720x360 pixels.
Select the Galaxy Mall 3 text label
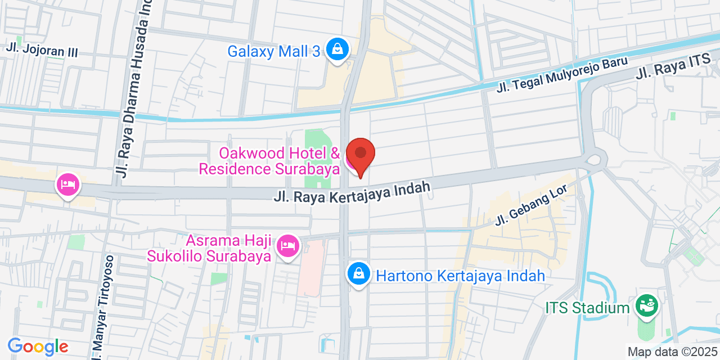(274, 51)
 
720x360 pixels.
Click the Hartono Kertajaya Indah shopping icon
(358, 274)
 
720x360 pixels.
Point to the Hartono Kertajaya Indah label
(460, 276)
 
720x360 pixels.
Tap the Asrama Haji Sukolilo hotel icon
(288, 246)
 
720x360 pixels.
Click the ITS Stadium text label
(587, 308)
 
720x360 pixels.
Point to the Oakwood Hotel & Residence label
(270, 161)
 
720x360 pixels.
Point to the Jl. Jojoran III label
(42, 51)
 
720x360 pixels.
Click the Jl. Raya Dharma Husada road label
(135, 90)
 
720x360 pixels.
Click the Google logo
(37, 346)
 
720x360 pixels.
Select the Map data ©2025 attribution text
(672, 352)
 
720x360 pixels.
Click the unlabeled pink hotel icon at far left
(68, 184)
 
